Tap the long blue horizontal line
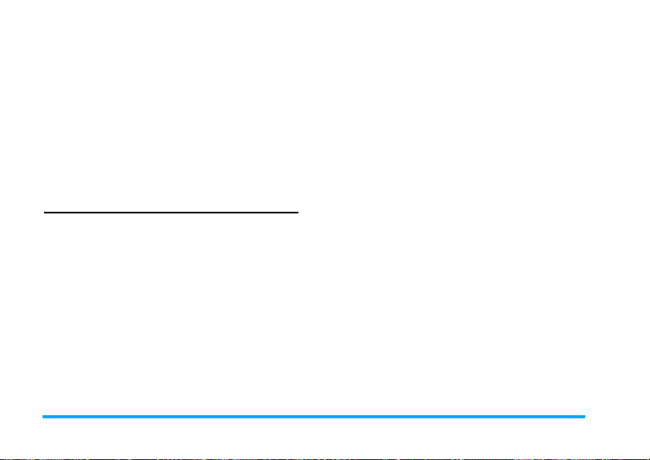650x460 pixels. tap(313, 417)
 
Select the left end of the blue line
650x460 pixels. tap(43, 417)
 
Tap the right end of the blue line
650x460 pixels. tap(584, 417)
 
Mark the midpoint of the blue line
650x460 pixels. tap(313, 417)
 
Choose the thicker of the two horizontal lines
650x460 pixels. tap(313, 417)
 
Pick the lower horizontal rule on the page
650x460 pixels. tap(313, 417)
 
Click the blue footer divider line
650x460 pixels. tap(313, 417)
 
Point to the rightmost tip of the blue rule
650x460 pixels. tap(584, 417)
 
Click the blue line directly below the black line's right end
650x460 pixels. tap(298, 417)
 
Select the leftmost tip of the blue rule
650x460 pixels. tap(43, 417)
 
